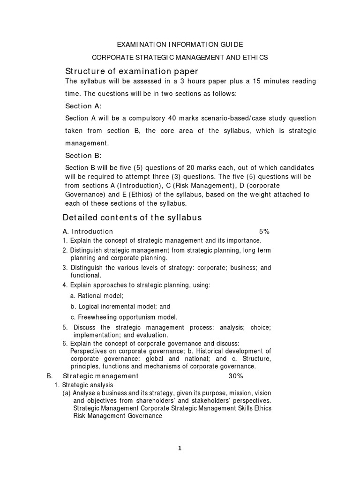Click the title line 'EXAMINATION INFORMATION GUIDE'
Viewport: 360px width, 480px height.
[180, 45]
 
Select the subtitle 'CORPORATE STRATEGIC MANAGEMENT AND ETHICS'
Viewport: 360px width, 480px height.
[180, 58]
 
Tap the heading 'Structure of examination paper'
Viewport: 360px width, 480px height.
[131, 71]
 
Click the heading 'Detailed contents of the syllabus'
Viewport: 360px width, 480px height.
[132, 217]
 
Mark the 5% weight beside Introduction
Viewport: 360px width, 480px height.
[264, 232]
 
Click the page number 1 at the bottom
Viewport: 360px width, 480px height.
[180, 448]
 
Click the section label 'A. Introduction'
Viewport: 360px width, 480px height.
[88, 232]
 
